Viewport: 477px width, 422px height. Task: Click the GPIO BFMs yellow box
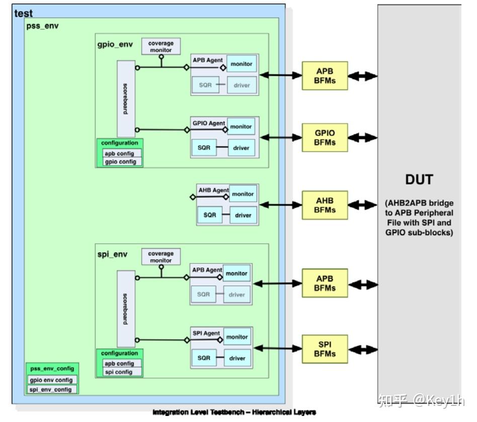coord(324,137)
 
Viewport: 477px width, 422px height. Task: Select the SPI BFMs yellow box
coord(324,349)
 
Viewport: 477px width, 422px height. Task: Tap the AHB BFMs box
coord(324,205)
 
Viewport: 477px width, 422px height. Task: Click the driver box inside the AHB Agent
coord(243,215)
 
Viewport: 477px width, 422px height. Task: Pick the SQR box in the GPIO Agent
coord(204,148)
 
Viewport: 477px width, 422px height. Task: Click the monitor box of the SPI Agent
coord(236,337)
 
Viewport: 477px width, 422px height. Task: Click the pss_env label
coord(42,26)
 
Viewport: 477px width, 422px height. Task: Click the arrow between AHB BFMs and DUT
coord(362,205)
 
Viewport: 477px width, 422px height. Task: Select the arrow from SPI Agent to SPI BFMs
coord(277,347)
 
